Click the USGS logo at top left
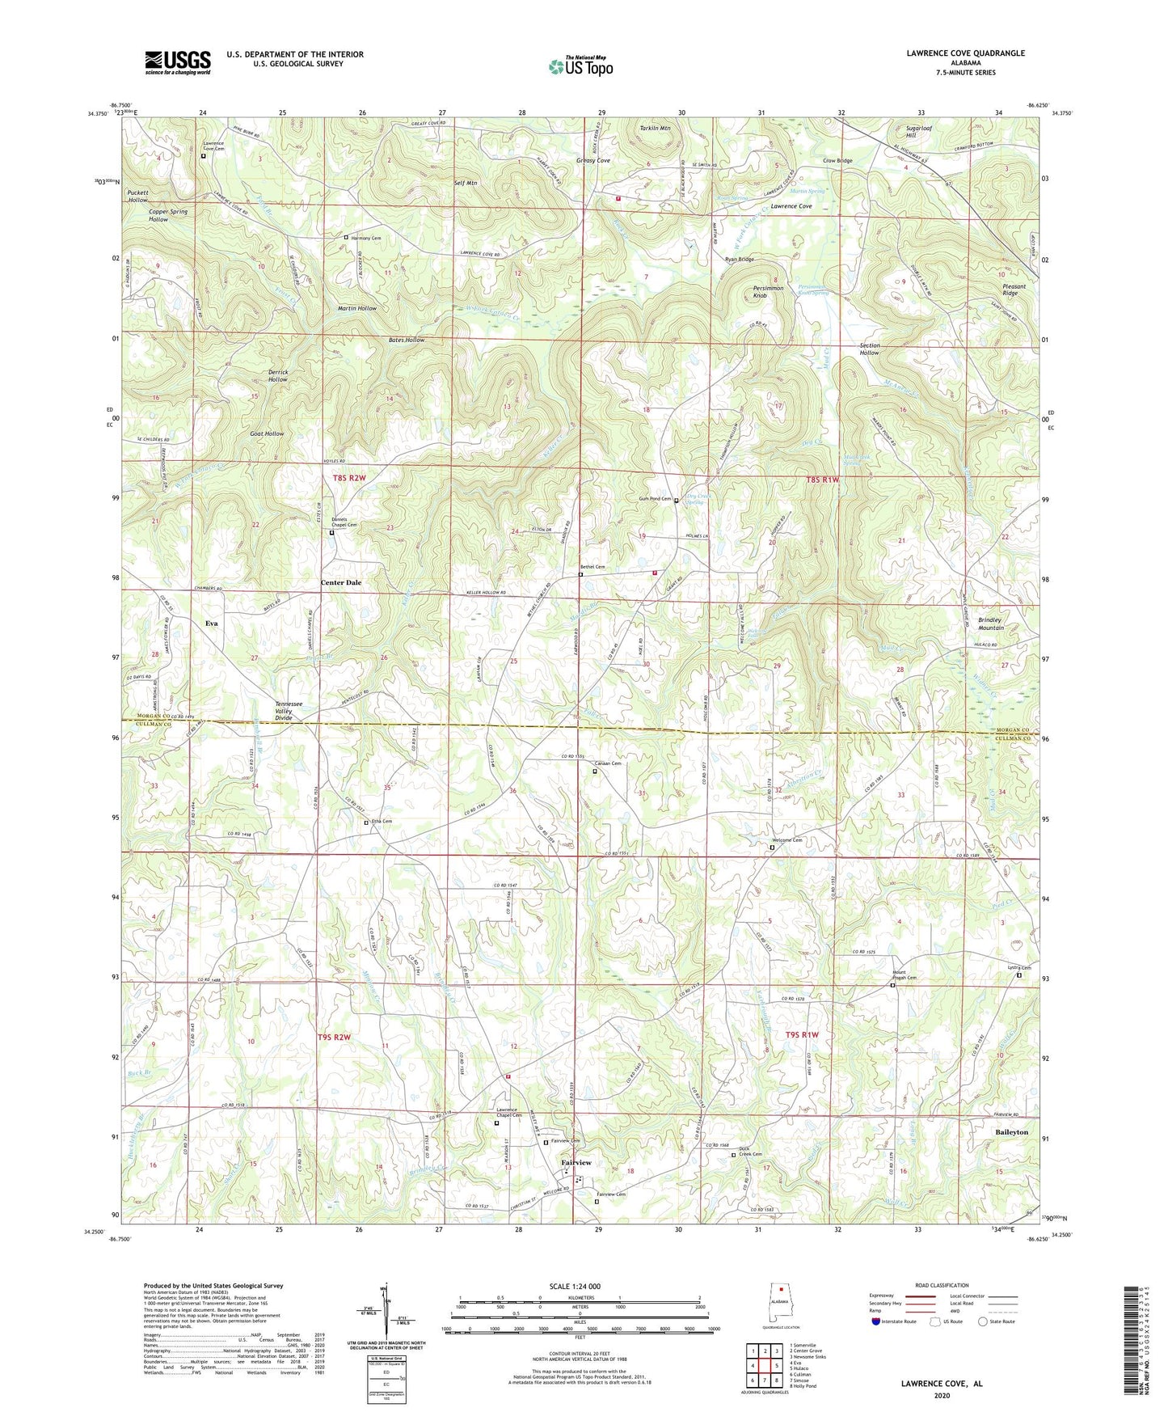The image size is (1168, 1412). click(178, 62)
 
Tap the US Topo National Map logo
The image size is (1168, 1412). click(580, 66)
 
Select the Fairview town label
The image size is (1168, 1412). click(576, 1162)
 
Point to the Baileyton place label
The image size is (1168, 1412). click(1011, 1132)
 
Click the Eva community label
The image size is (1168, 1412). click(212, 624)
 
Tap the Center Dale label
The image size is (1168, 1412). click(341, 582)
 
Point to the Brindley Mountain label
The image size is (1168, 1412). click(991, 623)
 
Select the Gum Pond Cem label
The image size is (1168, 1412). click(656, 499)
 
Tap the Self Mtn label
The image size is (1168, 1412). click(466, 184)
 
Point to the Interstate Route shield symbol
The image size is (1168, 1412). click(876, 1321)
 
